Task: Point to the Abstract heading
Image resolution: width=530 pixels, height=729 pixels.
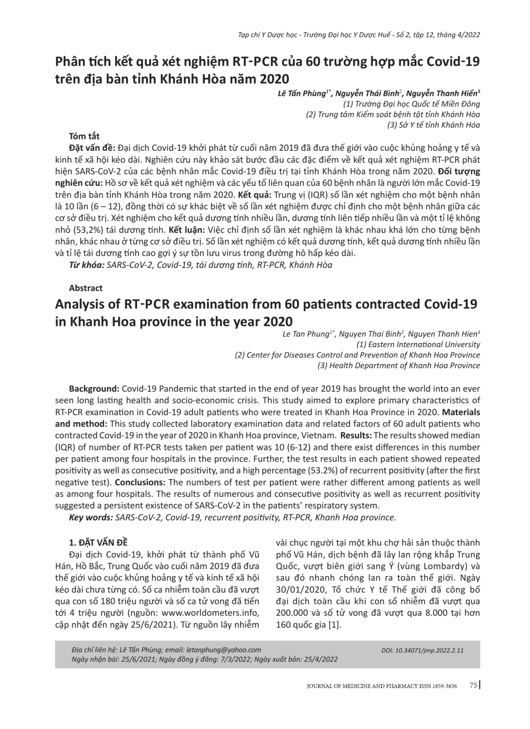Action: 86,288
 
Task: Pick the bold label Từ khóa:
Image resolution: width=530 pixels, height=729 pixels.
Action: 87,265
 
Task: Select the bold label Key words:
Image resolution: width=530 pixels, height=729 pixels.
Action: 91,517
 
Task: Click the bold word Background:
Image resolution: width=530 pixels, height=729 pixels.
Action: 94,389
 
